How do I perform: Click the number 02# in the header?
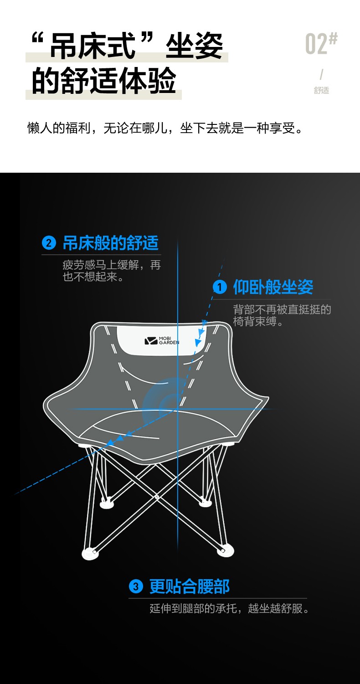click(321, 44)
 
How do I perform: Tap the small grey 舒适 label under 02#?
click(321, 90)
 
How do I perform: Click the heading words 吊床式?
click(93, 46)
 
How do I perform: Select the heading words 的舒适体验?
click(104, 81)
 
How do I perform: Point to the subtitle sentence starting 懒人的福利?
click(165, 128)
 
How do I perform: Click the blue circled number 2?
click(49, 243)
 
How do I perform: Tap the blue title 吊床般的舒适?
click(111, 243)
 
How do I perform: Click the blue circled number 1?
click(220, 287)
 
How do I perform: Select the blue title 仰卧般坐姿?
click(273, 287)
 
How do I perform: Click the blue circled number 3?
click(136, 586)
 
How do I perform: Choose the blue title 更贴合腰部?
click(189, 586)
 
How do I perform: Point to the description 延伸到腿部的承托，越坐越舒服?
click(229, 608)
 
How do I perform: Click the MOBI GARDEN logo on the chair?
click(162, 341)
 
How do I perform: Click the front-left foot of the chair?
click(90, 553)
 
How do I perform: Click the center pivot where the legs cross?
click(157, 497)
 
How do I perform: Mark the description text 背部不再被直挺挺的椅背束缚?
click(282, 315)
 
